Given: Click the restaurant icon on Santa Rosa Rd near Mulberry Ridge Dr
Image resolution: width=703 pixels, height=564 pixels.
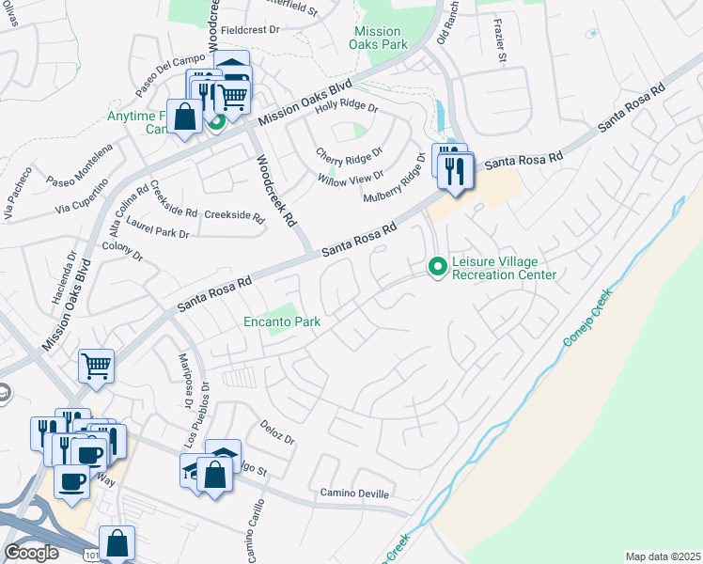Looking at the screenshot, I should click(x=456, y=172).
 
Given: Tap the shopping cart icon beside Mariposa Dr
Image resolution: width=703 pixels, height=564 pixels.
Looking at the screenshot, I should click(x=97, y=365).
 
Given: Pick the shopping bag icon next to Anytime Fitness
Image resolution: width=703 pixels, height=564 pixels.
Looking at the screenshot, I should click(x=185, y=117).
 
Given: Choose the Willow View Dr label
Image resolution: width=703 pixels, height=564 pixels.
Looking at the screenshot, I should click(x=351, y=176).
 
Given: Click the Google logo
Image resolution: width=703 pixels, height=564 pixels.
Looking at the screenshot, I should click(x=31, y=553).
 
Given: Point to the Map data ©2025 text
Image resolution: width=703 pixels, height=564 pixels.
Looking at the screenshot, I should click(x=662, y=556).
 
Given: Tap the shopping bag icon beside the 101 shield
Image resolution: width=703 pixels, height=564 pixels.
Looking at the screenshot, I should click(x=117, y=544).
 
